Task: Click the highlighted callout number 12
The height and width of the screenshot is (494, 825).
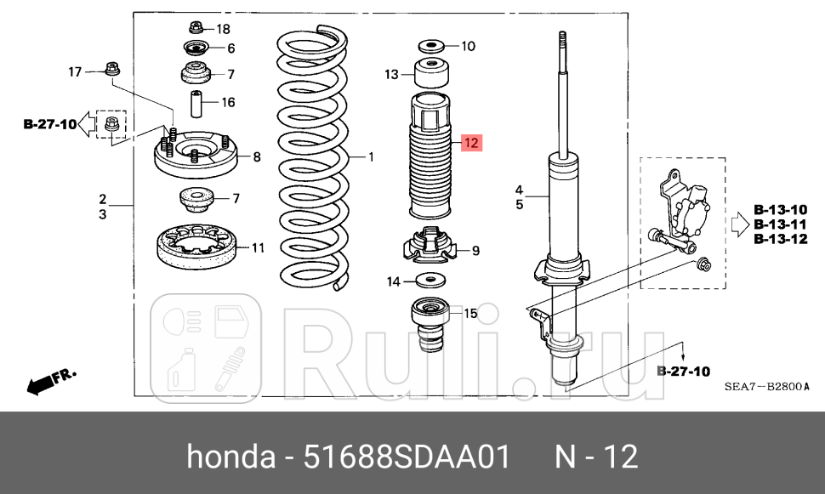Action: [471, 143]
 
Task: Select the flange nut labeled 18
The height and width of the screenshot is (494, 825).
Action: [196, 27]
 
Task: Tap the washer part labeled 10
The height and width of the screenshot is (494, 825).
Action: [430, 46]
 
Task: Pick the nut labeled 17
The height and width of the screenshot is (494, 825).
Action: [111, 68]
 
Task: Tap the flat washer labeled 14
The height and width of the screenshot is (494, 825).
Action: [431, 281]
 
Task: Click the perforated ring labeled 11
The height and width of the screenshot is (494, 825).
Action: [196, 247]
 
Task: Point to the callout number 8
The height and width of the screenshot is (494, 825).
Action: [258, 156]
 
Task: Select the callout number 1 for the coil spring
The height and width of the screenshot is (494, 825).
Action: [371, 156]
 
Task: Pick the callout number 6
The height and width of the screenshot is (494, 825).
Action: [230, 48]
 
